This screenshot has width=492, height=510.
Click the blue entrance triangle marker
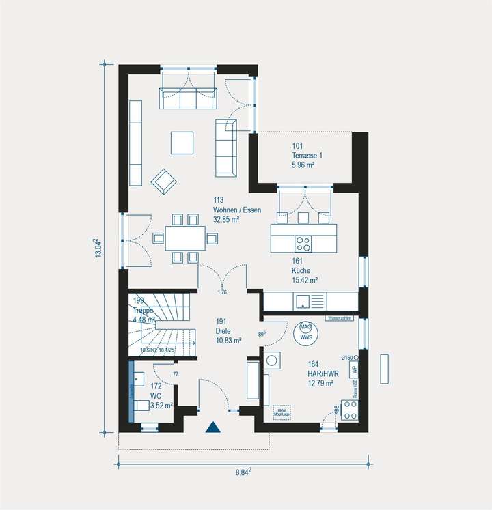coord(213,427)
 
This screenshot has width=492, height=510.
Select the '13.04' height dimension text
coord(98,249)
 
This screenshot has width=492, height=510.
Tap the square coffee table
coord(182,143)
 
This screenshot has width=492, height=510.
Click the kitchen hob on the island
coord(303,243)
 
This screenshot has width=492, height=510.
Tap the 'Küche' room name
coord(301,270)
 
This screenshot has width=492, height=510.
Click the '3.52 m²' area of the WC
coord(161,405)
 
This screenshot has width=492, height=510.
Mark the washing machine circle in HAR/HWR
coord(271,361)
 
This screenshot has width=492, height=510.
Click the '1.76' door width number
coord(221,293)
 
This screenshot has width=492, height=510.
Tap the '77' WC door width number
coord(175,374)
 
